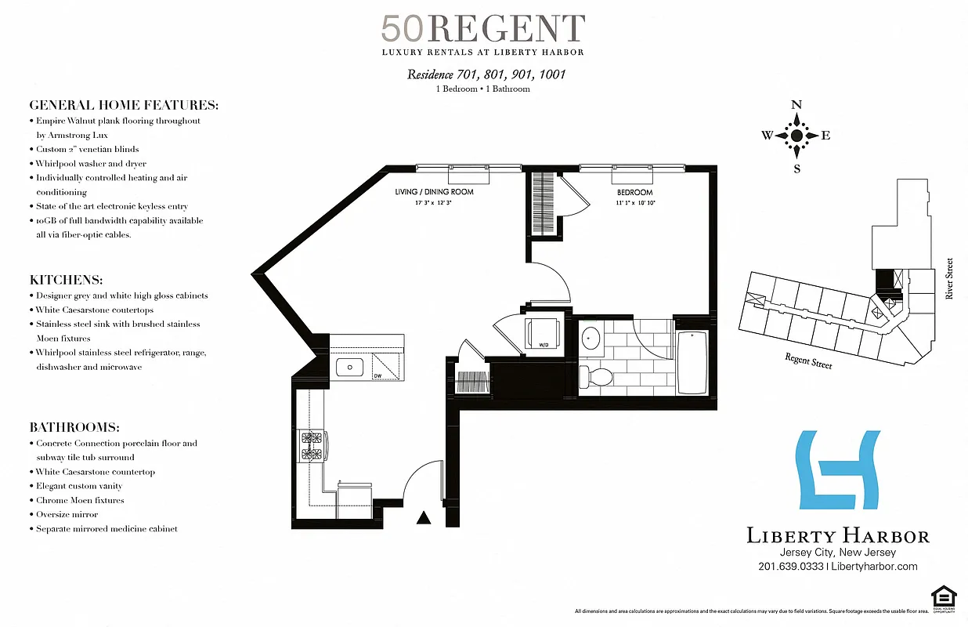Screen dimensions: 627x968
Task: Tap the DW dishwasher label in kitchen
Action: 377,375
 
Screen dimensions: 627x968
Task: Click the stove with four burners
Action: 311,446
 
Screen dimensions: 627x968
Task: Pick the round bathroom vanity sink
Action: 591,339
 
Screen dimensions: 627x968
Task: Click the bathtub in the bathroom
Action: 692,362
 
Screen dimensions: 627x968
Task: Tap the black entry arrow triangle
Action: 424,517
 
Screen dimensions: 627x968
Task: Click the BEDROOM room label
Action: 634,192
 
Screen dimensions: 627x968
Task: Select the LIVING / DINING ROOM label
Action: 434,192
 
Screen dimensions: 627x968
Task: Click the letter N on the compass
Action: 796,105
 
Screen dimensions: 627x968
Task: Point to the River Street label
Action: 949,279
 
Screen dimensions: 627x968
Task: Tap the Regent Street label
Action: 808,361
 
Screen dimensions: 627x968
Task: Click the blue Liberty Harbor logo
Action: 836,469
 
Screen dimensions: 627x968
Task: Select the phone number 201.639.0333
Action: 791,567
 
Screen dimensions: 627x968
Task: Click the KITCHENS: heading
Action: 66,280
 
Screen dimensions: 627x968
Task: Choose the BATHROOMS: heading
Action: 74,427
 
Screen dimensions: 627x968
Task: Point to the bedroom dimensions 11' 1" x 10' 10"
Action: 634,202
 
